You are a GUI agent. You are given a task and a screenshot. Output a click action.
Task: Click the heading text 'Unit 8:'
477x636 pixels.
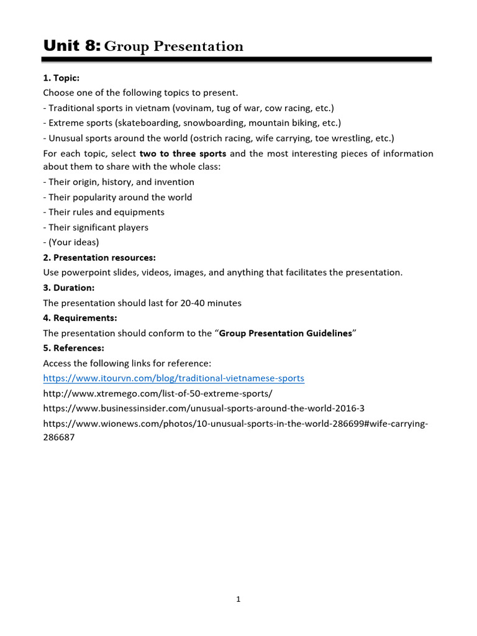pos(71,45)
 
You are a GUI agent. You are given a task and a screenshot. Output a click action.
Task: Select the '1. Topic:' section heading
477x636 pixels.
pos(61,78)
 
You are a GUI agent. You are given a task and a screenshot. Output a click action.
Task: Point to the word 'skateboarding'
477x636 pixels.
pos(155,122)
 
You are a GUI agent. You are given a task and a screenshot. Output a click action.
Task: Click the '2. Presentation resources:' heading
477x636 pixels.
pos(99,257)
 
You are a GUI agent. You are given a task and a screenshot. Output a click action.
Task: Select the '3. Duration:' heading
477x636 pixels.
pos(68,288)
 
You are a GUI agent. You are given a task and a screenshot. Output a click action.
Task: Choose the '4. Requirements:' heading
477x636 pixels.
pos(79,318)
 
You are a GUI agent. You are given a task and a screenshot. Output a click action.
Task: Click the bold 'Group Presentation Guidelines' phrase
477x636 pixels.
pos(286,333)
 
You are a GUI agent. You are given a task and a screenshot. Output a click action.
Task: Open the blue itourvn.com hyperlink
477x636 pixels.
pos(173,378)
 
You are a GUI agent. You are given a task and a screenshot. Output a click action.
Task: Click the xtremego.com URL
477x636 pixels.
pos(158,394)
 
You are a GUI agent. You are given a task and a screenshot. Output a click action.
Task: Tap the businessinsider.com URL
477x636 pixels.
pos(204,409)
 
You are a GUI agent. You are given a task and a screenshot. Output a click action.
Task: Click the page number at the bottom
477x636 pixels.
pos(238,599)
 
